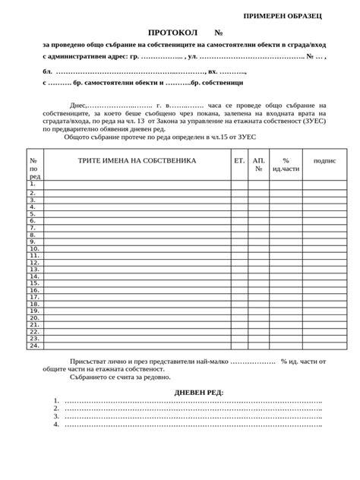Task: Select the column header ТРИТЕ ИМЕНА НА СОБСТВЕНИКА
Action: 137,161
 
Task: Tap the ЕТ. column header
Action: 239,161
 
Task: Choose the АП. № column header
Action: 259,165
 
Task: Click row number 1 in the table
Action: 33,184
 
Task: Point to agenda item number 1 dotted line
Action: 194,400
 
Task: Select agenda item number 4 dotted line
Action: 194,424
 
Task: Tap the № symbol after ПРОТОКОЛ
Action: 219,34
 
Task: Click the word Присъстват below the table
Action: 88,362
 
